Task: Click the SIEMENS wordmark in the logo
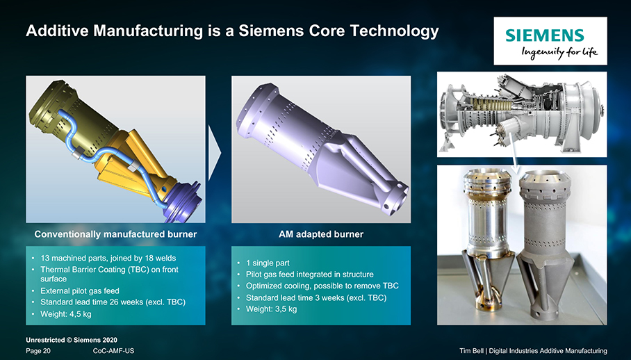click(544, 35)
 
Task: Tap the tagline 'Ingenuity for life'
click(559, 52)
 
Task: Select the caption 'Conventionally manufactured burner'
click(115, 234)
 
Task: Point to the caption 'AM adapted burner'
click(321, 234)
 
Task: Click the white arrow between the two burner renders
click(215, 153)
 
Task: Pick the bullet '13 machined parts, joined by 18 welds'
click(108, 258)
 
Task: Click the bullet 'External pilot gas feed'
click(80, 291)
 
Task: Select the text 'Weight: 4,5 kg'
click(66, 313)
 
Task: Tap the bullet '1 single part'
click(268, 263)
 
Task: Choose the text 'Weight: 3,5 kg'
click(272, 309)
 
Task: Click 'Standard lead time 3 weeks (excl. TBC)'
click(316, 297)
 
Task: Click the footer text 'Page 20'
click(38, 351)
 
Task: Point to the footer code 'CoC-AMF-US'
click(113, 351)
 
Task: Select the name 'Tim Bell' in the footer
click(472, 351)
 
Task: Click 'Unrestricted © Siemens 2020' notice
click(72, 340)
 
